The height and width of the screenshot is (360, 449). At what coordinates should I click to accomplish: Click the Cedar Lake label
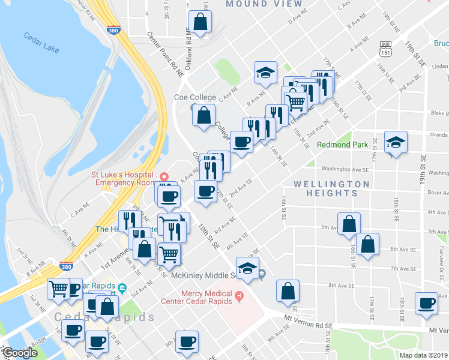[41, 43]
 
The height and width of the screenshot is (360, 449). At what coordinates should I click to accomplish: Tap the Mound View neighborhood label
[264, 4]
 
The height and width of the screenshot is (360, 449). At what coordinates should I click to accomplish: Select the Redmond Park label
[342, 145]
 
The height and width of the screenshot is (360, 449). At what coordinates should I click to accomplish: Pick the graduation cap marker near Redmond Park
[395, 143]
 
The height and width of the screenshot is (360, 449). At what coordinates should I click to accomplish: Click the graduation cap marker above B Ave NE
[265, 73]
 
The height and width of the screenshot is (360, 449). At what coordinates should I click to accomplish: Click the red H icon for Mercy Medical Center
[239, 295]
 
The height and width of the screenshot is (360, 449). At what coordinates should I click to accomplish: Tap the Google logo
[20, 353]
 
